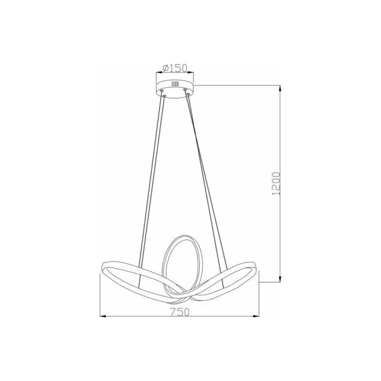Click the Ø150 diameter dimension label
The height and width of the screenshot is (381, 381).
[175, 68]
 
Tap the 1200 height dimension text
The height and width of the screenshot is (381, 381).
[276, 184]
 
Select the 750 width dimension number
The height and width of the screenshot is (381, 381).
[180, 312]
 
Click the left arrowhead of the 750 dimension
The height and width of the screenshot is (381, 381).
[103, 316]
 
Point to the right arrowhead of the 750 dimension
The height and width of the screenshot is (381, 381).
[256, 316]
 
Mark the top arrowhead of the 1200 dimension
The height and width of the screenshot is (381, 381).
[280, 88]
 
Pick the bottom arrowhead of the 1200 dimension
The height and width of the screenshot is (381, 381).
[280, 279]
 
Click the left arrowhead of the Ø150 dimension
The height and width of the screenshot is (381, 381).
[159, 72]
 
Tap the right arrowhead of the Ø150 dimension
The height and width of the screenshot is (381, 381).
[190, 72]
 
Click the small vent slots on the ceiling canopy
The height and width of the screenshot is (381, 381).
[175, 84]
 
